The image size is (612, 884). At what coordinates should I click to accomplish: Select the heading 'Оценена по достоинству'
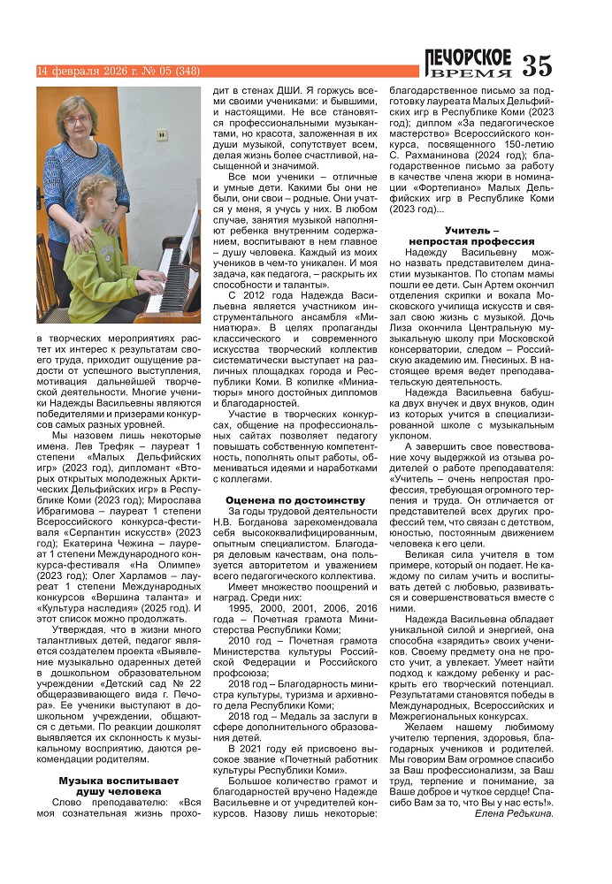(x=295, y=499)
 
